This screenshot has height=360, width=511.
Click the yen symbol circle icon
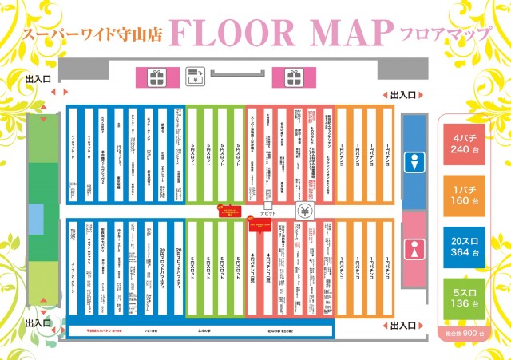(304, 212)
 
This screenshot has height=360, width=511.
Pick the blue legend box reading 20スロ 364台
(465, 246)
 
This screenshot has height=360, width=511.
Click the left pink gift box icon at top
(155, 77)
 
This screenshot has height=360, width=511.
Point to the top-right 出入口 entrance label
(402, 96)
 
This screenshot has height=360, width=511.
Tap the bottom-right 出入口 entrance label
(402, 326)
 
